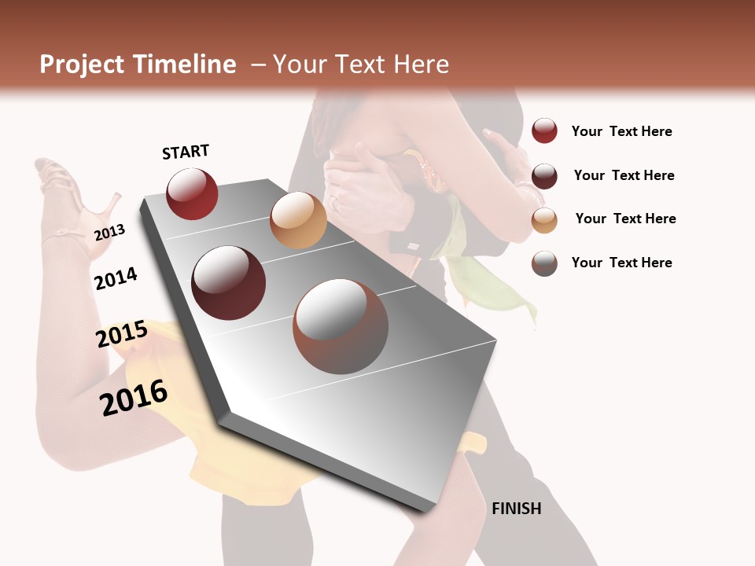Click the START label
click(186, 152)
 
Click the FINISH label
click(516, 509)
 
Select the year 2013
click(109, 232)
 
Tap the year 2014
click(116, 278)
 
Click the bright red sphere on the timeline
click(192, 194)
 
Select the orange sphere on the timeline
click(298, 220)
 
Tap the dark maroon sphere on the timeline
click(229, 283)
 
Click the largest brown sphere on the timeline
click(341, 325)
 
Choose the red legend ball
click(544, 130)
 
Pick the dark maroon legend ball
click(544, 175)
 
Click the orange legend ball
click(544, 219)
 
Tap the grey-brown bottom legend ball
click(544, 263)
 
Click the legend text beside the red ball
click(621, 131)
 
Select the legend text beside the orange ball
click(625, 219)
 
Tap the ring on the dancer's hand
click(333, 202)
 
